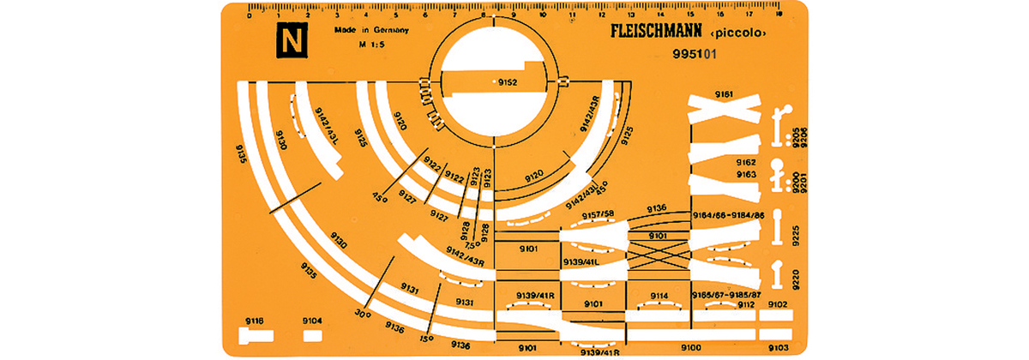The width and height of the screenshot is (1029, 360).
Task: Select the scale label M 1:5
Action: click(x=348, y=46)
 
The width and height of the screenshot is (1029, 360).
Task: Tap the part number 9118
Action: click(x=254, y=321)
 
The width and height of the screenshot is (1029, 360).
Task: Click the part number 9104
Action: click(x=313, y=321)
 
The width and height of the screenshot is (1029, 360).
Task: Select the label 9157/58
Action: click(x=599, y=213)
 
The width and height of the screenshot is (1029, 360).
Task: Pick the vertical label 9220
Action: click(x=797, y=276)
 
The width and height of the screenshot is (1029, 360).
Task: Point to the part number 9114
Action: click(x=659, y=296)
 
